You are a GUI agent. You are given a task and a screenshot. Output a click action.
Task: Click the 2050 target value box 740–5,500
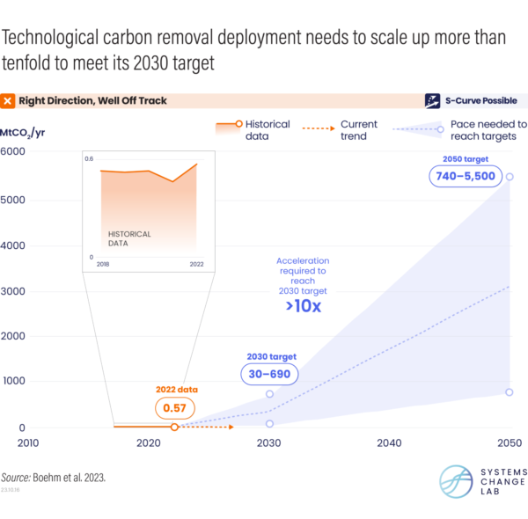(463, 176)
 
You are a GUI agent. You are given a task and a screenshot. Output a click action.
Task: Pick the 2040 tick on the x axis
(388, 443)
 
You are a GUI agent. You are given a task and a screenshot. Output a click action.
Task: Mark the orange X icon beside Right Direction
(8, 101)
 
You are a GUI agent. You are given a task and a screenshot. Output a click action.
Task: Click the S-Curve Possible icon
(433, 100)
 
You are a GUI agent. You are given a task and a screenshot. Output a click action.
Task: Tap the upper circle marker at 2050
(510, 177)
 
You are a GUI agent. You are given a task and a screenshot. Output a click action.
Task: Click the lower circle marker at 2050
(510, 392)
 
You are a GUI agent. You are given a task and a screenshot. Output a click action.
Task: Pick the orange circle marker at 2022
(174, 427)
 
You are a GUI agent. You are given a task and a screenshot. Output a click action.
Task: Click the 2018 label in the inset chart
(102, 263)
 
